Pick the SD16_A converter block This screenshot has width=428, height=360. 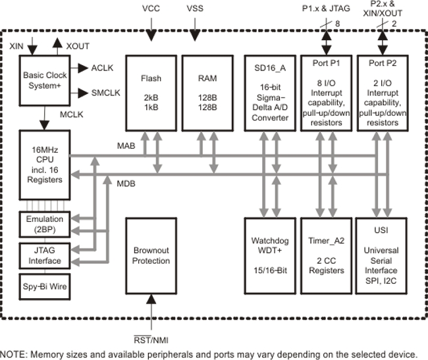(x=270, y=90)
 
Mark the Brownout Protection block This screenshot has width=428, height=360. (x=151, y=256)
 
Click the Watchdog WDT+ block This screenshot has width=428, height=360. (x=270, y=256)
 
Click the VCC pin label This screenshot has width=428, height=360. (x=151, y=8)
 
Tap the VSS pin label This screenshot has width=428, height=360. (x=195, y=8)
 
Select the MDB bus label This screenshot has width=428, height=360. (x=126, y=184)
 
